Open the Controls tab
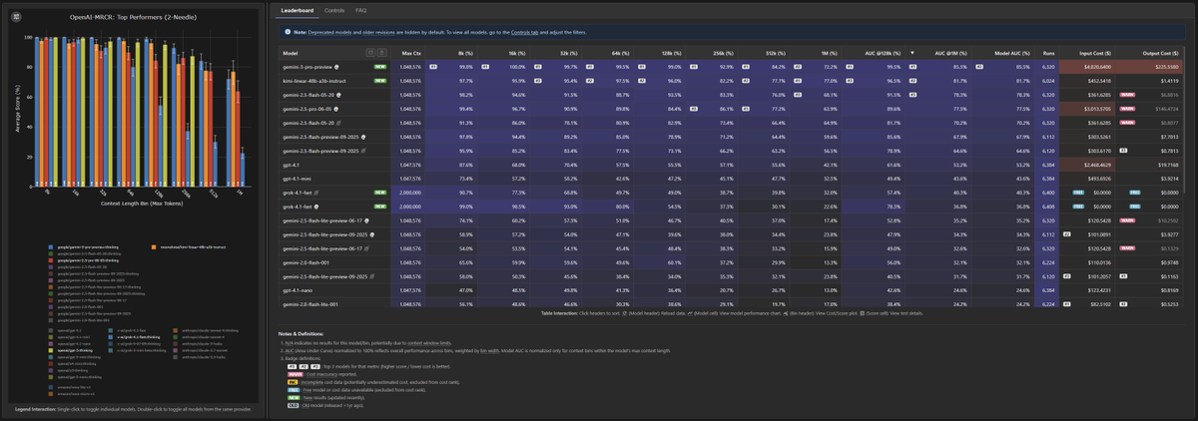[334, 10]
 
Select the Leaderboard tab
[298, 10]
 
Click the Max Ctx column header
[410, 52]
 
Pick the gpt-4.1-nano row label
[297, 289]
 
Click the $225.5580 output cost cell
[1163, 67]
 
